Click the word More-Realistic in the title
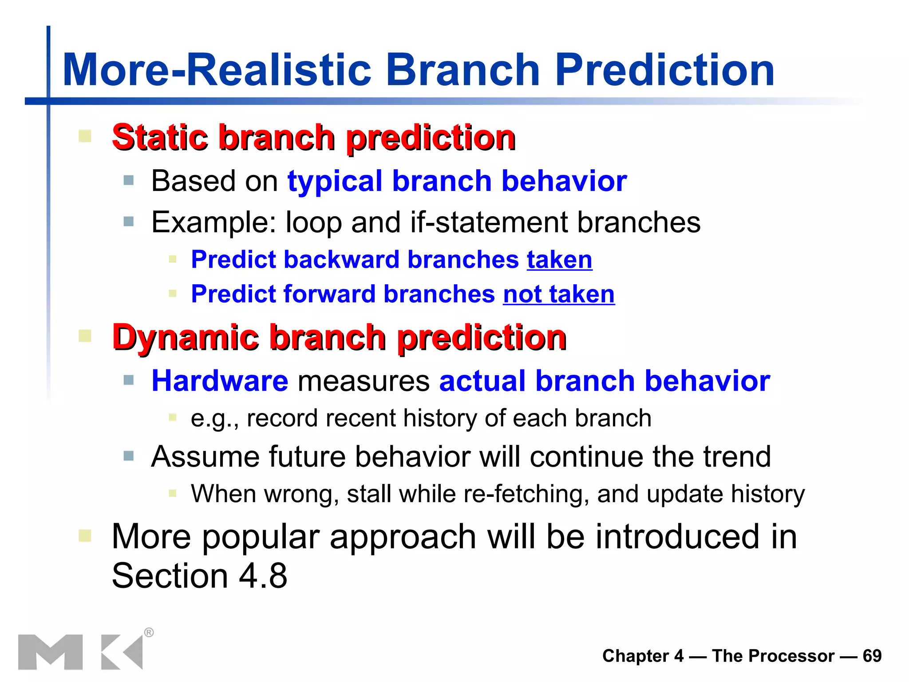(x=217, y=70)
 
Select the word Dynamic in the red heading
(x=186, y=337)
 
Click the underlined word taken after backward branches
(x=559, y=260)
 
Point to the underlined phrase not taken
(x=558, y=294)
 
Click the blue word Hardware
(x=220, y=381)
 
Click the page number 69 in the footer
(x=872, y=656)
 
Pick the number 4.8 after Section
(x=263, y=576)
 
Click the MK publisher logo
(x=80, y=652)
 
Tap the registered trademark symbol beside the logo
(x=149, y=632)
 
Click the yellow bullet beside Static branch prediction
(x=85, y=136)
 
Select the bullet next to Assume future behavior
(x=129, y=456)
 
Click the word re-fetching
(x=526, y=494)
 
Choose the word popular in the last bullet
(x=261, y=537)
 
